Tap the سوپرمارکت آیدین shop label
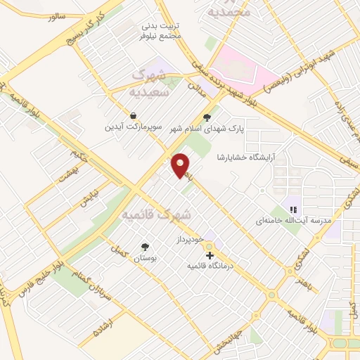(x=134, y=127)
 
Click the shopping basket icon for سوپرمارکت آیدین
(x=133, y=115)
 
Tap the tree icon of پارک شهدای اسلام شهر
(x=206, y=118)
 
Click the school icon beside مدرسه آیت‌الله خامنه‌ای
(x=293, y=209)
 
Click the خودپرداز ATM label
(x=186, y=240)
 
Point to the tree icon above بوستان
(x=145, y=247)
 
